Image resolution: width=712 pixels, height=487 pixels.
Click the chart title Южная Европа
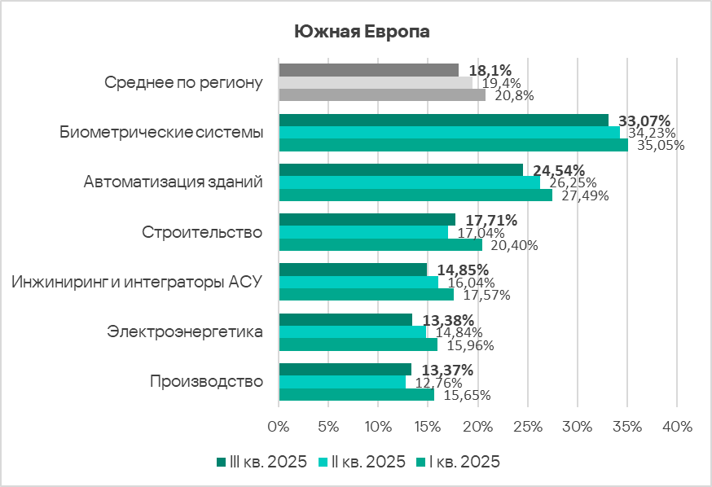point(361,32)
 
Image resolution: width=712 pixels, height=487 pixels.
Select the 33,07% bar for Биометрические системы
point(443,120)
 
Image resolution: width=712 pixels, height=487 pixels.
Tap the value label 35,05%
point(661,146)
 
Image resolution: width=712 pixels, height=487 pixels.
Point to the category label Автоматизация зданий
point(173,182)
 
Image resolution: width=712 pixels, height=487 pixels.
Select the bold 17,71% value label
point(490,220)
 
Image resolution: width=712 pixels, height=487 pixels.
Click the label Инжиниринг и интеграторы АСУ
point(136,282)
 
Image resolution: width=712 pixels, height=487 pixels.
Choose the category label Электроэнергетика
point(185,332)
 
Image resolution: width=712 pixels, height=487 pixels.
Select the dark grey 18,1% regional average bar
point(368,70)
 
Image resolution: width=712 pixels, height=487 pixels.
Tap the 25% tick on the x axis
point(528,427)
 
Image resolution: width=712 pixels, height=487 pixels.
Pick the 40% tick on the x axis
point(677,427)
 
